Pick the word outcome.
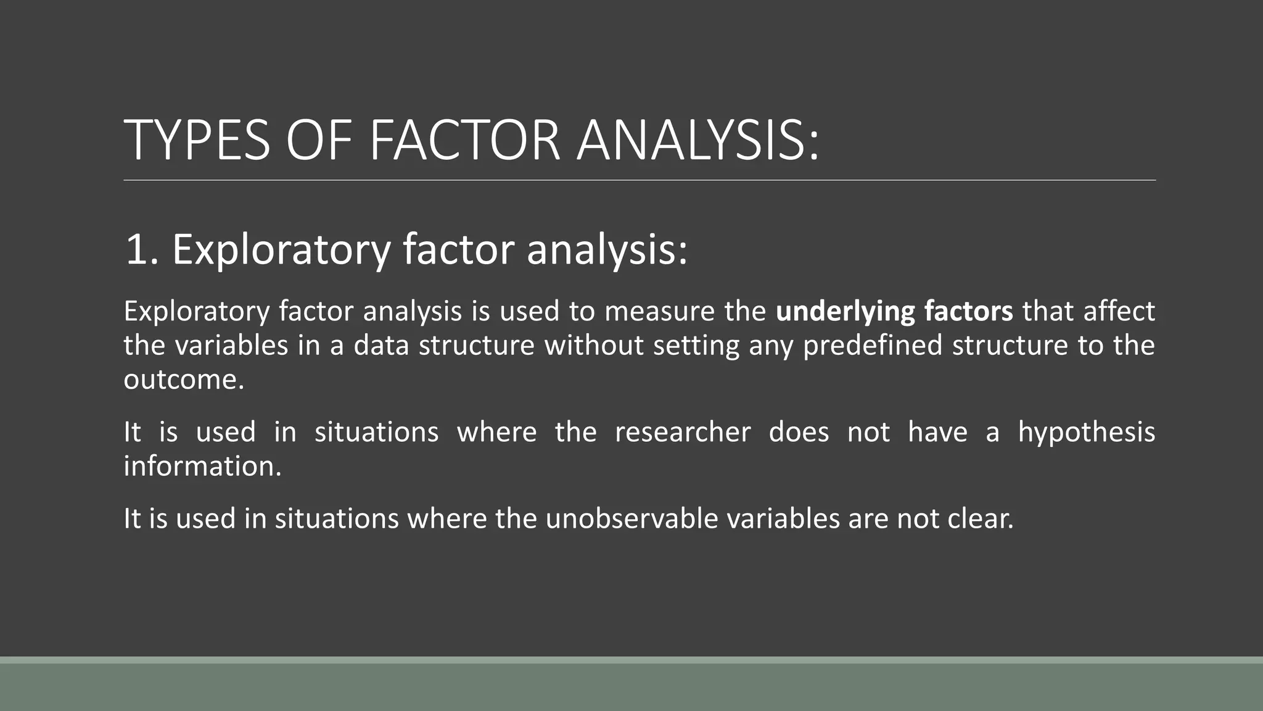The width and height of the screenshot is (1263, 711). coord(184,380)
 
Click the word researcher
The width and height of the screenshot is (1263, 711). coord(683,432)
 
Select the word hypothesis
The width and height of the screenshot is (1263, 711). coord(1086,432)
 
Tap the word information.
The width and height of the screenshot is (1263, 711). coord(202,466)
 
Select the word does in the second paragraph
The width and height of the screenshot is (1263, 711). coord(799,432)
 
